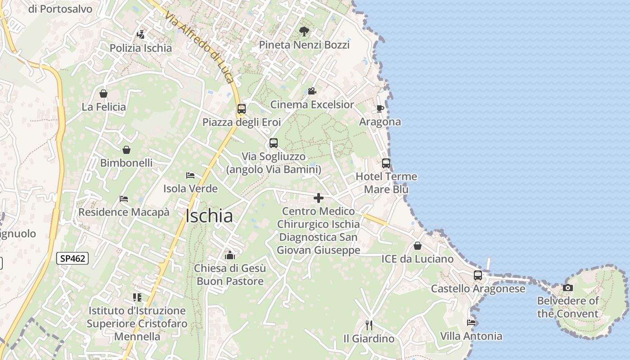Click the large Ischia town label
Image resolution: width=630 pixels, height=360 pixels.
[x=209, y=216]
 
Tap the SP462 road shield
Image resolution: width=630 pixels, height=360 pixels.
[x=72, y=258]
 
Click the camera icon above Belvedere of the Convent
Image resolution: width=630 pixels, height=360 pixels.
[x=568, y=288]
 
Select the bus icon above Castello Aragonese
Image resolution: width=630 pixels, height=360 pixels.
[x=477, y=275]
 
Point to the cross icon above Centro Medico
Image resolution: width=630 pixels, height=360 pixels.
[x=319, y=198]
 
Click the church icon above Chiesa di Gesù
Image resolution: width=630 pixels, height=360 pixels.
[x=230, y=255]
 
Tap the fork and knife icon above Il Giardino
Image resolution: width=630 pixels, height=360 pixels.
[x=369, y=325]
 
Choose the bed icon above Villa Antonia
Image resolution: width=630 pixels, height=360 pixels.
[x=471, y=322]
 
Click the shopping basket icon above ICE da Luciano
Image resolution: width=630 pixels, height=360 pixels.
[x=418, y=246]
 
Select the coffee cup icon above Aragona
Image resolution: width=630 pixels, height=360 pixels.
[x=380, y=108]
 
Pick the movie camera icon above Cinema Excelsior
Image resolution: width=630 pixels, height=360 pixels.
[x=312, y=91]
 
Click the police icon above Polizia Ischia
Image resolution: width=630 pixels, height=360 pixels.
[x=141, y=34]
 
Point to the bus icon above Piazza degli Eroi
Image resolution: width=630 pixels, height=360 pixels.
[x=242, y=109]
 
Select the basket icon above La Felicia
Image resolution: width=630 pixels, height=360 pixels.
[x=103, y=94]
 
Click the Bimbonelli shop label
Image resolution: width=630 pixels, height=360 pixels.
[x=126, y=163]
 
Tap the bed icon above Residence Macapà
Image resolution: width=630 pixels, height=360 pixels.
[x=124, y=198]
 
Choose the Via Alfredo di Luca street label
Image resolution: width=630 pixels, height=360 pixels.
[x=199, y=48]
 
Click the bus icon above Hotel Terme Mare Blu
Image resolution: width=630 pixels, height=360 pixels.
[x=386, y=163]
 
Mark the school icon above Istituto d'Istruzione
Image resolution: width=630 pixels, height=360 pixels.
[x=137, y=297]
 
